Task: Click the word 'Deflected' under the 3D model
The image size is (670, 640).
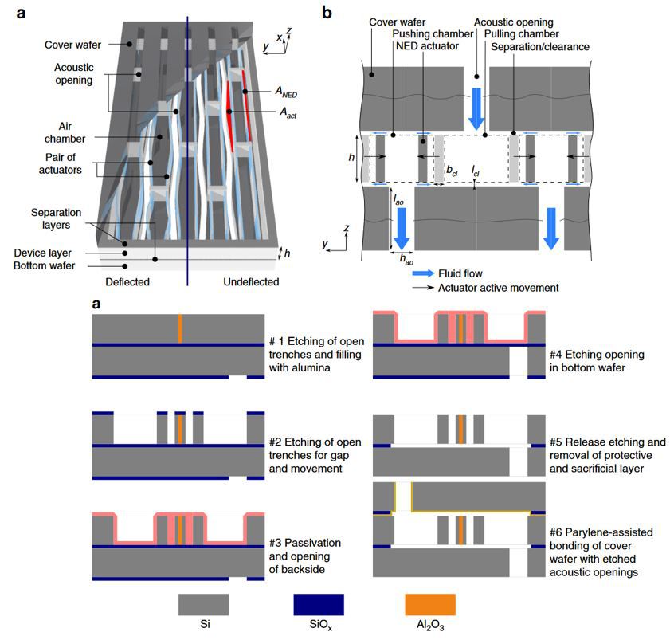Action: click(129, 281)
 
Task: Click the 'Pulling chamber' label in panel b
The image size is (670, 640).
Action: click(530, 35)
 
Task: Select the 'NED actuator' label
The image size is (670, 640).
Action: click(422, 47)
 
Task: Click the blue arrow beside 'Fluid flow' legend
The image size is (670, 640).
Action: click(426, 273)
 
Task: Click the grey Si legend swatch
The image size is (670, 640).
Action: click(203, 603)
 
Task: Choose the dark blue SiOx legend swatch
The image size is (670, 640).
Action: click(317, 603)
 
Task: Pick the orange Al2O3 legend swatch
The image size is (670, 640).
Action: click(431, 603)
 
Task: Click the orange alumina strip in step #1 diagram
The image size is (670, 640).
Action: click(181, 329)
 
